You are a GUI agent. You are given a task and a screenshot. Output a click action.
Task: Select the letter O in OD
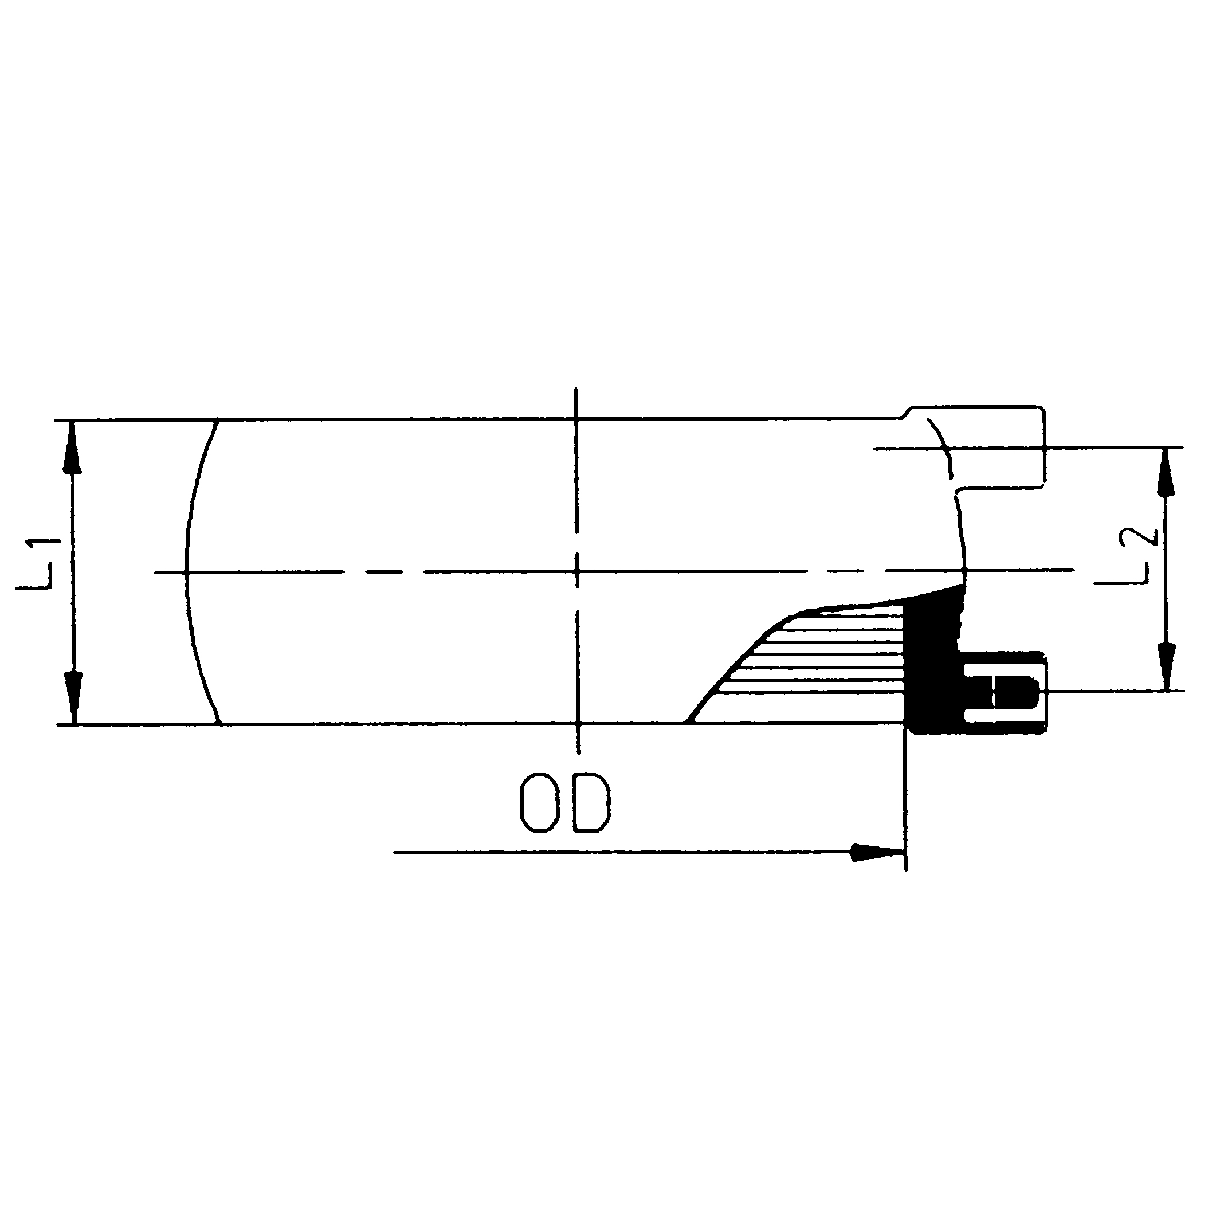click(539, 803)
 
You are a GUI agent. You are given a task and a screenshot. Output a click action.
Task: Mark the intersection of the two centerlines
click(576, 572)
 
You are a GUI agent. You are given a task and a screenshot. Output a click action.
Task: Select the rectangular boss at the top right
click(995, 446)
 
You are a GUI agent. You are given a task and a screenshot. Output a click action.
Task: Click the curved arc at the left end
click(191, 572)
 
